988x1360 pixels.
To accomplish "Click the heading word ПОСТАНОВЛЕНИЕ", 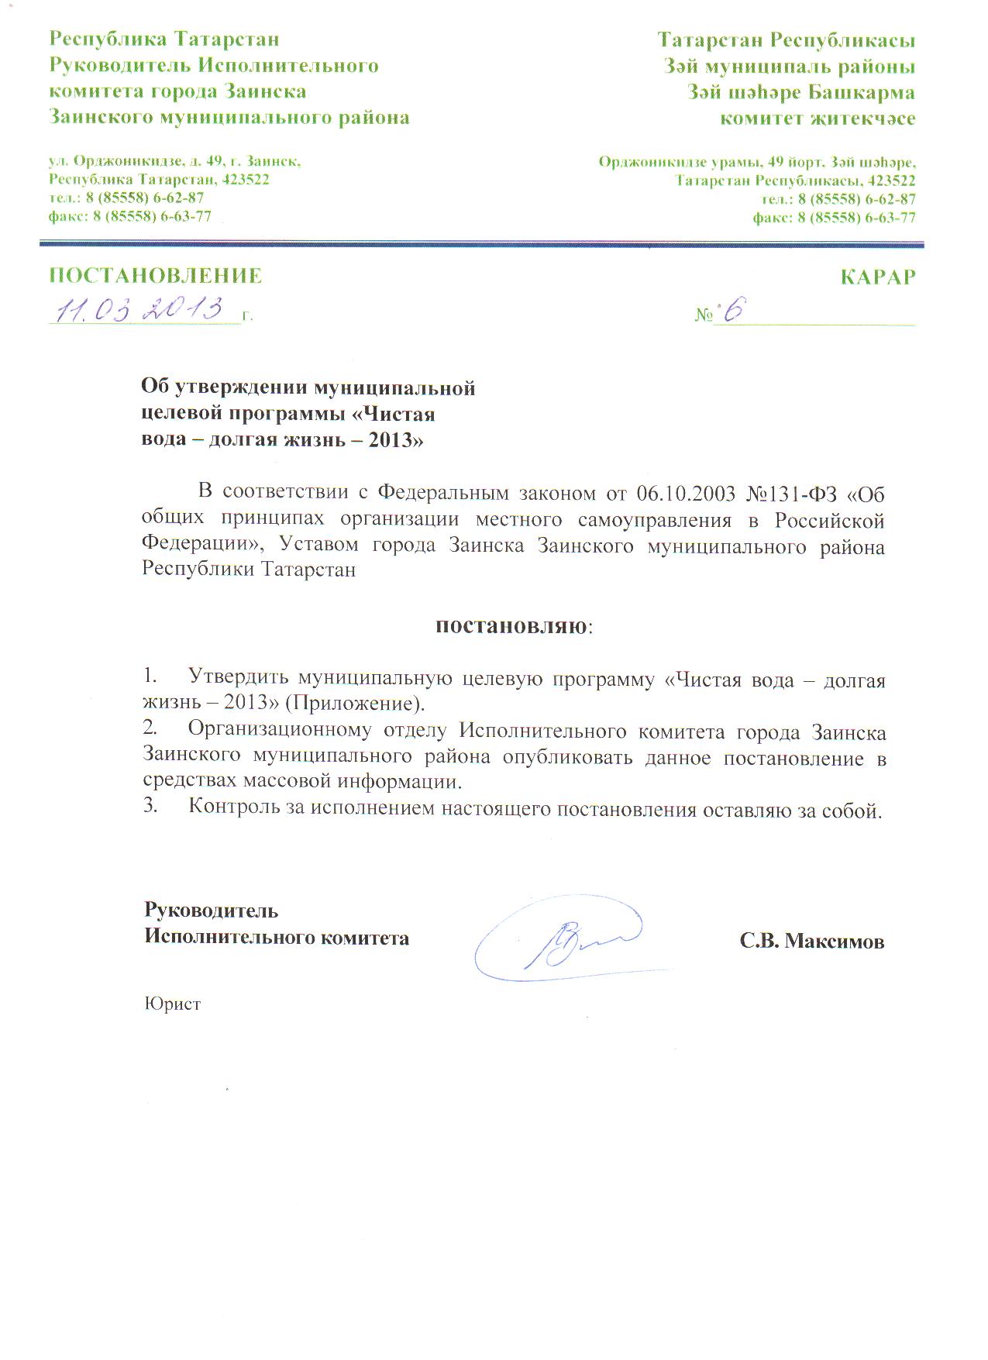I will point(155,276).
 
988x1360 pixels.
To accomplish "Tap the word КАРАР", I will point(877,277).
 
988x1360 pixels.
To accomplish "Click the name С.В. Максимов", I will point(811,941).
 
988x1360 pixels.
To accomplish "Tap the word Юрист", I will point(172,1004).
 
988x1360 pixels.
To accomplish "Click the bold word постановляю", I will point(511,625).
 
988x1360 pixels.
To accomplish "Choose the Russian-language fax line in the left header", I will point(129,216).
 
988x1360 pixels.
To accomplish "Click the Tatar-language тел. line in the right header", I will point(838,198).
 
